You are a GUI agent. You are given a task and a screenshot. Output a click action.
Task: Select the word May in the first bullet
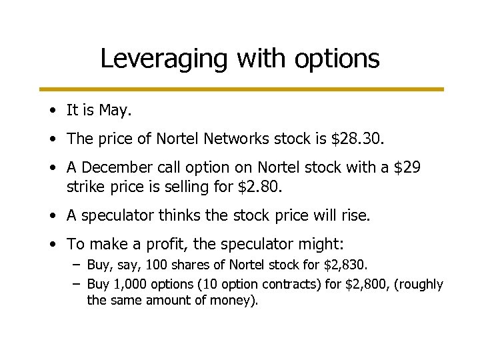114,110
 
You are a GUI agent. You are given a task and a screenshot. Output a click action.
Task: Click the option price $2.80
260,187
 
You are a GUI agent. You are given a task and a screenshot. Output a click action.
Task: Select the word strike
84,187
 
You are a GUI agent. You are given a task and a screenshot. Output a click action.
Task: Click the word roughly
421,285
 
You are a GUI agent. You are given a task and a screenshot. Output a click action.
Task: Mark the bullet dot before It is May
53,111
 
